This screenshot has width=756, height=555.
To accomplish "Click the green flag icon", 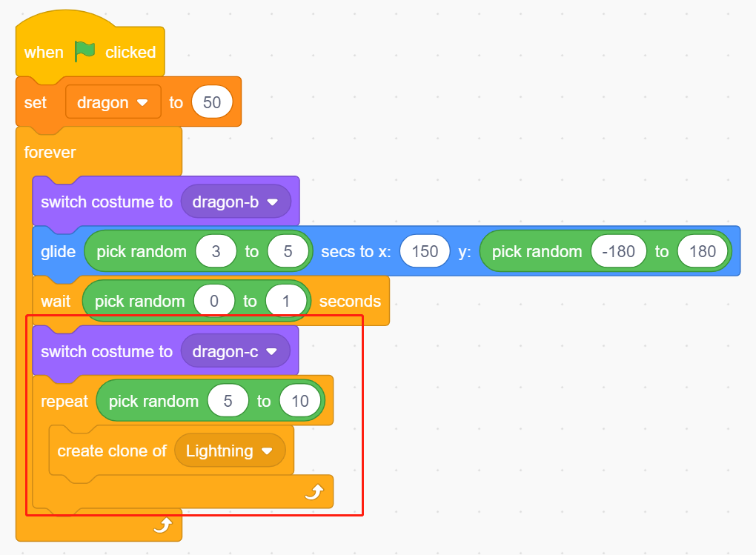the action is (x=84, y=51).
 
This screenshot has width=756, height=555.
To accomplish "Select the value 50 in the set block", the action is (x=212, y=102).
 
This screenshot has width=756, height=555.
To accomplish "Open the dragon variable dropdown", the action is (x=113, y=102).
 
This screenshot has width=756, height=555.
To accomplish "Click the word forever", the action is (x=50, y=153).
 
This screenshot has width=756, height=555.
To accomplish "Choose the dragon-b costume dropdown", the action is (x=236, y=202).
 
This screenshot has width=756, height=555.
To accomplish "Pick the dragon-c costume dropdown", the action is (x=235, y=351).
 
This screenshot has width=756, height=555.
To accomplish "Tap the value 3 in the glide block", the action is (x=216, y=251).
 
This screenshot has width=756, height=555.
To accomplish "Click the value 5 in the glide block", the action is (x=288, y=251).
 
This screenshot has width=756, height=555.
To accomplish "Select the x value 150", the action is (x=425, y=251).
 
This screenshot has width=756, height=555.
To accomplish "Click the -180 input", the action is (x=619, y=251).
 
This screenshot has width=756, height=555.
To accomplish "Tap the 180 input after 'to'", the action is (x=703, y=251).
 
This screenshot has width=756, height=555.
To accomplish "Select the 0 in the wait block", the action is (x=214, y=301).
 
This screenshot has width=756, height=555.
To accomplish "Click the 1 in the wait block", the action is (x=286, y=301).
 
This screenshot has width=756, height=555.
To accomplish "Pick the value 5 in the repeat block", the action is (x=228, y=401).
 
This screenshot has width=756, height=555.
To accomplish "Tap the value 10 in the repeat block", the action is (x=300, y=401).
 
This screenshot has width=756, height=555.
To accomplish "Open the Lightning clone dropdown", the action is (x=230, y=451).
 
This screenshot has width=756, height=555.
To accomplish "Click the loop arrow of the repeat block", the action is (x=314, y=492).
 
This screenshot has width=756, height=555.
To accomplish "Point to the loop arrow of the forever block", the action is (x=163, y=525).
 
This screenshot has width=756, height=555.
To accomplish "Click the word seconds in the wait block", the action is (x=350, y=302).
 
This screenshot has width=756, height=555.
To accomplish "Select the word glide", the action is (x=59, y=252).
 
